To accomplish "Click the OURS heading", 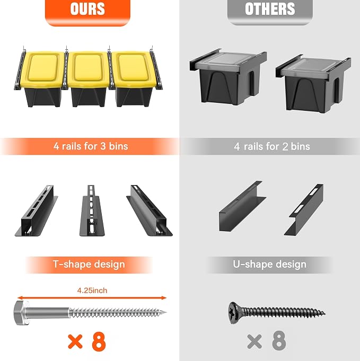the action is coord(87,9).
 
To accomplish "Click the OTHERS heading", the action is coord(270,9).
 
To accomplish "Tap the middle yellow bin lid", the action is coord(88,68).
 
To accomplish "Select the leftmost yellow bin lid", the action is coord(42,69).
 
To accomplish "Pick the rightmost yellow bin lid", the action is coord(135,69).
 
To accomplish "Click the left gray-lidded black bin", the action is coord(228,77).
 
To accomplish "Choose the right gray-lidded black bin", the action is coord(314,83).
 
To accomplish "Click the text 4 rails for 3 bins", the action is coord(91,146).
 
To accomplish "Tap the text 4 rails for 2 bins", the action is coord(272,146).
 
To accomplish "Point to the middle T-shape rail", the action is coord(92,210).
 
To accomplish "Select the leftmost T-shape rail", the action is coord(37,210).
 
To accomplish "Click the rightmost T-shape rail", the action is coord(150,210).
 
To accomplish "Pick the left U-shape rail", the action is coord(242,207).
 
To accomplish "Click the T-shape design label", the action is coord(89,265).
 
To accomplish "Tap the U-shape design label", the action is coord(270,265).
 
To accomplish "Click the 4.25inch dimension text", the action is coord(92,290).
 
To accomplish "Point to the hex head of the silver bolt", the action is coord(21,313).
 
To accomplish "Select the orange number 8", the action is coord(99,341).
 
